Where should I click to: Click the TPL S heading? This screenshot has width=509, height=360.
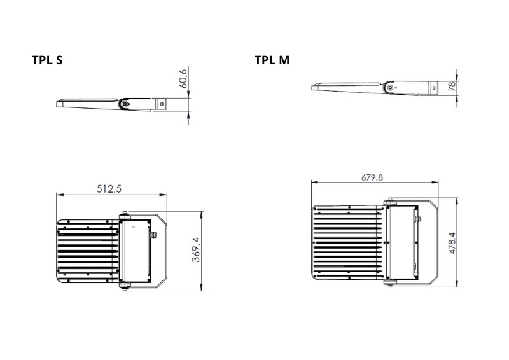[x=47, y=60]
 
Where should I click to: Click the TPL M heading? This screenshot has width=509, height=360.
[x=272, y=60]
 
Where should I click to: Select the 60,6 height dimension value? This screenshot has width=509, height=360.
[x=183, y=79]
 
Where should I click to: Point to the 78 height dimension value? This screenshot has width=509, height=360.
[x=452, y=87]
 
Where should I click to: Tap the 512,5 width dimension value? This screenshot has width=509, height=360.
[x=109, y=189]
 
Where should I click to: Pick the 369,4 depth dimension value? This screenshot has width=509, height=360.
[x=196, y=249]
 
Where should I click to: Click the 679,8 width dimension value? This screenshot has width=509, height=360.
[x=372, y=177]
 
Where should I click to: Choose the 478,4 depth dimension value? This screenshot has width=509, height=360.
[x=452, y=243]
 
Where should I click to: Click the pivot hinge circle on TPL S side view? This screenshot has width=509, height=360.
[x=124, y=104]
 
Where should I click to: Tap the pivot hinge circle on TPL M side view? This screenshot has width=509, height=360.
[x=389, y=87]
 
